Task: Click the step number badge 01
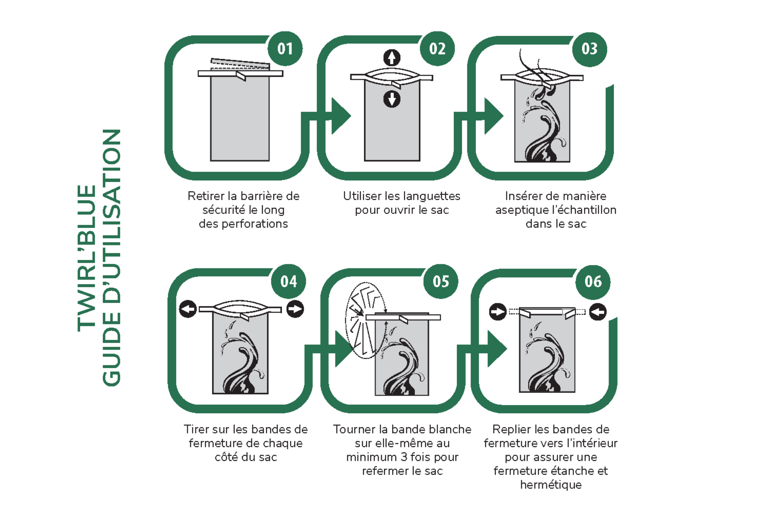tap(285, 49)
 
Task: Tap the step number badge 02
tap(437, 49)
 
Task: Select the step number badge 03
tap(589, 49)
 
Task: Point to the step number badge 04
tap(289, 281)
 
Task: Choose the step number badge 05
tap(441, 281)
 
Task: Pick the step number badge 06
tap(593, 282)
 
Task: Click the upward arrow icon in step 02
tap(392, 58)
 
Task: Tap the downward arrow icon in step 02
tap(392, 99)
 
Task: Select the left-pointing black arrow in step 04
tap(188, 309)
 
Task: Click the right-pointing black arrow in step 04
tap(295, 309)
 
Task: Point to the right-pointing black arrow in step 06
tap(498, 312)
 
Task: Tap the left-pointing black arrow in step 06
tap(598, 312)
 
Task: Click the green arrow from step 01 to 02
tap(340, 116)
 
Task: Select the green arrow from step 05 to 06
tap(496, 349)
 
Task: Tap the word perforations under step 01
tap(254, 224)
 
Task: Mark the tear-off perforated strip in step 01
tap(240, 64)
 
